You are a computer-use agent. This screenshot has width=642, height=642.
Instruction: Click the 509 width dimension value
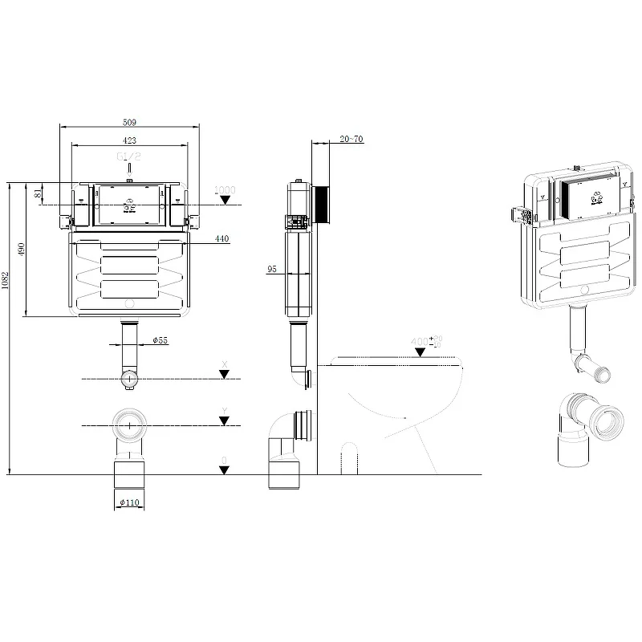[129, 122]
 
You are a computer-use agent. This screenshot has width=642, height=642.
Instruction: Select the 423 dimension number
[129, 139]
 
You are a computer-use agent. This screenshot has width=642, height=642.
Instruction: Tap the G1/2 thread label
[129, 158]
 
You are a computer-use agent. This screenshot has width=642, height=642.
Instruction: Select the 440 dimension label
[221, 238]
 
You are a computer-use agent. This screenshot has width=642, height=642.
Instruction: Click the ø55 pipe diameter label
[160, 341]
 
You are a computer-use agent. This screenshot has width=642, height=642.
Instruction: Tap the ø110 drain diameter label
[130, 502]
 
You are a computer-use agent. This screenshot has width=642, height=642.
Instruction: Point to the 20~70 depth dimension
[351, 139]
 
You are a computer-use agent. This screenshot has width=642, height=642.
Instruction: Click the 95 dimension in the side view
[272, 270]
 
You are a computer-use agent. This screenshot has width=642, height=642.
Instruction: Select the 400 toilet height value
[420, 341]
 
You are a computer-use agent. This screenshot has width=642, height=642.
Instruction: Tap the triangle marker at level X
[225, 374]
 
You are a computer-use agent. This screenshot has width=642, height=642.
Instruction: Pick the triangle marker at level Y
[225, 420]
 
